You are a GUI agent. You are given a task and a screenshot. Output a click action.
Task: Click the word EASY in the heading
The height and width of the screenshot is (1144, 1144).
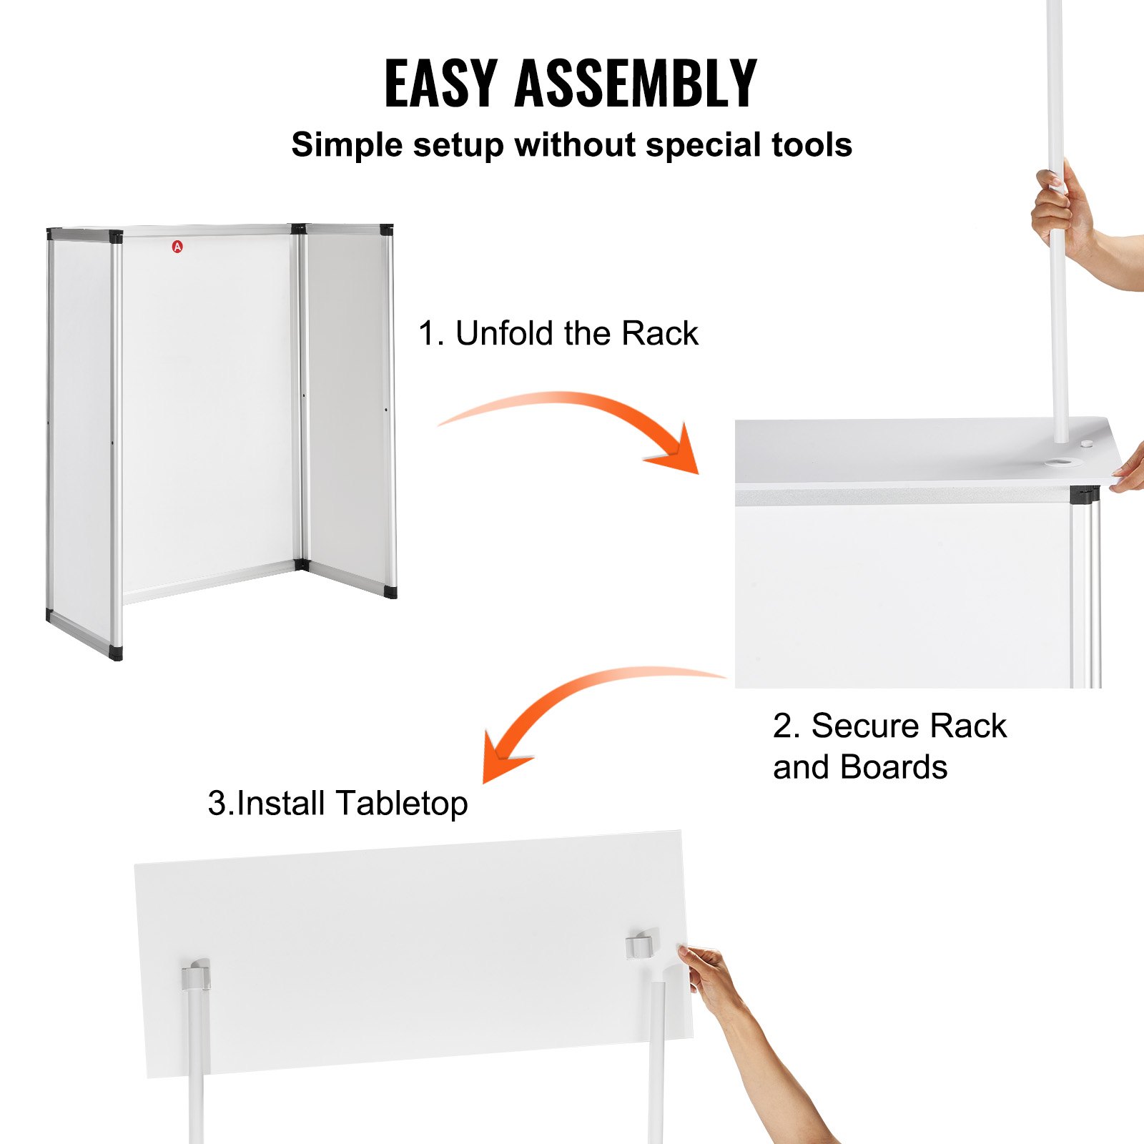click(x=440, y=84)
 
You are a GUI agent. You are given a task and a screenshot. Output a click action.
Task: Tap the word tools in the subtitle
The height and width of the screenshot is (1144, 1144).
click(x=812, y=145)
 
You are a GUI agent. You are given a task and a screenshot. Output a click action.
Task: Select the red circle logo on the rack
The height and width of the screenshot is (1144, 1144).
click(x=177, y=247)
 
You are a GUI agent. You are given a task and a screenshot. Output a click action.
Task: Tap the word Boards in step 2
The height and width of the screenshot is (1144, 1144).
click(x=894, y=767)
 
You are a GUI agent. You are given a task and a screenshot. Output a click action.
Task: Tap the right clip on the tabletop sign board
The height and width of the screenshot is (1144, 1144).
click(x=641, y=944)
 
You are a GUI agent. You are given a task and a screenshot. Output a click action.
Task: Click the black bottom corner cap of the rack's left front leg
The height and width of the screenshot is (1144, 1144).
click(x=115, y=652)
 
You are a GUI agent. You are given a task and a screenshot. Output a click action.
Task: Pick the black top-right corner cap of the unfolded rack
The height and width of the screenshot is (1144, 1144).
click(x=386, y=230)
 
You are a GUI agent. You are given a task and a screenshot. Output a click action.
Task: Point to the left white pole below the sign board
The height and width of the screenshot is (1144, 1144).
click(x=196, y=1072)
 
